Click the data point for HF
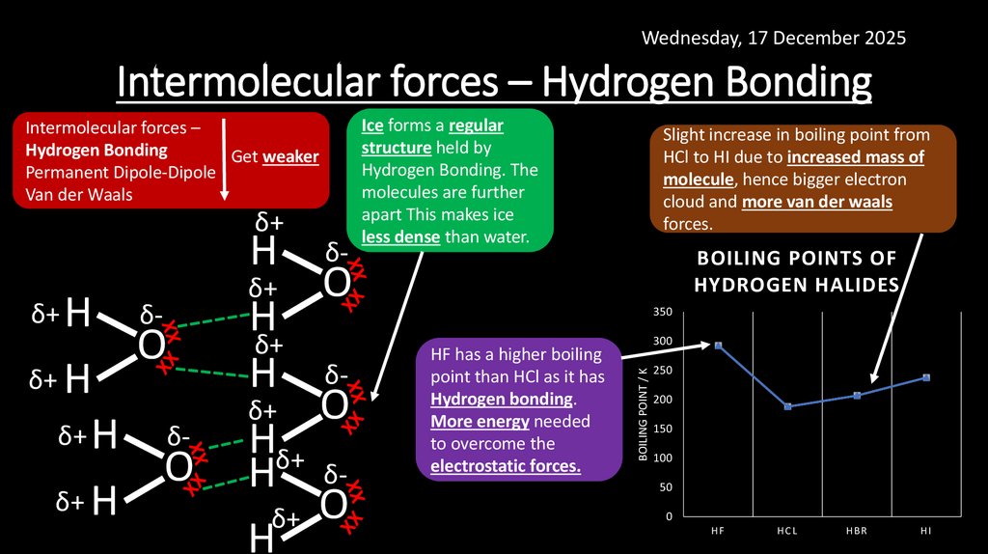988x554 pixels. [x=718, y=346]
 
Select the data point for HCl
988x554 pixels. [x=787, y=406]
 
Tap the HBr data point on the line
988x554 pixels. [x=857, y=396]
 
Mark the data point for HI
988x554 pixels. [x=926, y=377]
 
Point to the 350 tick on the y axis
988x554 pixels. [x=662, y=312]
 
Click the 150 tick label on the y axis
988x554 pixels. [x=662, y=429]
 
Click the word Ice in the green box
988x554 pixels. [x=372, y=125]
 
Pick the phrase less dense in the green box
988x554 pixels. [x=401, y=236]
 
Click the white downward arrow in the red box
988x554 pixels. [x=224, y=158]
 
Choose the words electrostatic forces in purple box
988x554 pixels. [x=506, y=466]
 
